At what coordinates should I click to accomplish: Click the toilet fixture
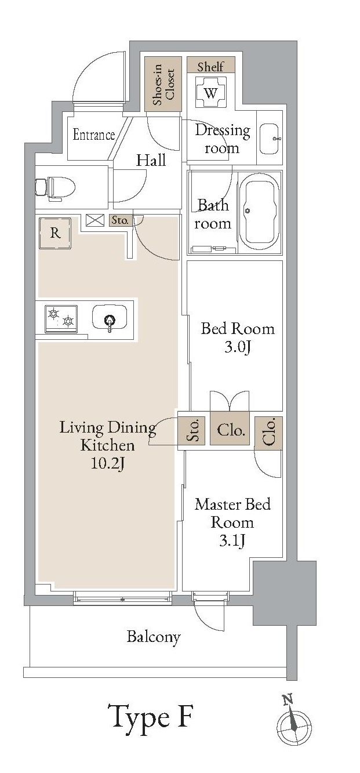55,188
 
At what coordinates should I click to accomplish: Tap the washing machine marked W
210,92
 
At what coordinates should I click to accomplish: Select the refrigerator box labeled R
55,233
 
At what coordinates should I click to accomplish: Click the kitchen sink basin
110,319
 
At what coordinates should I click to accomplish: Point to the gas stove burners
61,319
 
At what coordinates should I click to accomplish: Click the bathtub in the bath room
260,212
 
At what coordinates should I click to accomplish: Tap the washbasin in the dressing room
270,139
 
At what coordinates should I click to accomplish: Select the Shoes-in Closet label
163,84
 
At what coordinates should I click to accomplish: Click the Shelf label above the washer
210,66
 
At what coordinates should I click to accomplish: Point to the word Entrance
93,135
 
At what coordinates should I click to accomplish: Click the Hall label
151,160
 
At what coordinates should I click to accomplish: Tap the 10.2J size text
107,463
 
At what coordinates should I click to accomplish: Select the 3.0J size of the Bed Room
238,347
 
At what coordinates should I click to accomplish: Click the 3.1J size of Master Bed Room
232,540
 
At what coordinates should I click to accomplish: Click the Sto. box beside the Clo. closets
192,430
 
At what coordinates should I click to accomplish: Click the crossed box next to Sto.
95,220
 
